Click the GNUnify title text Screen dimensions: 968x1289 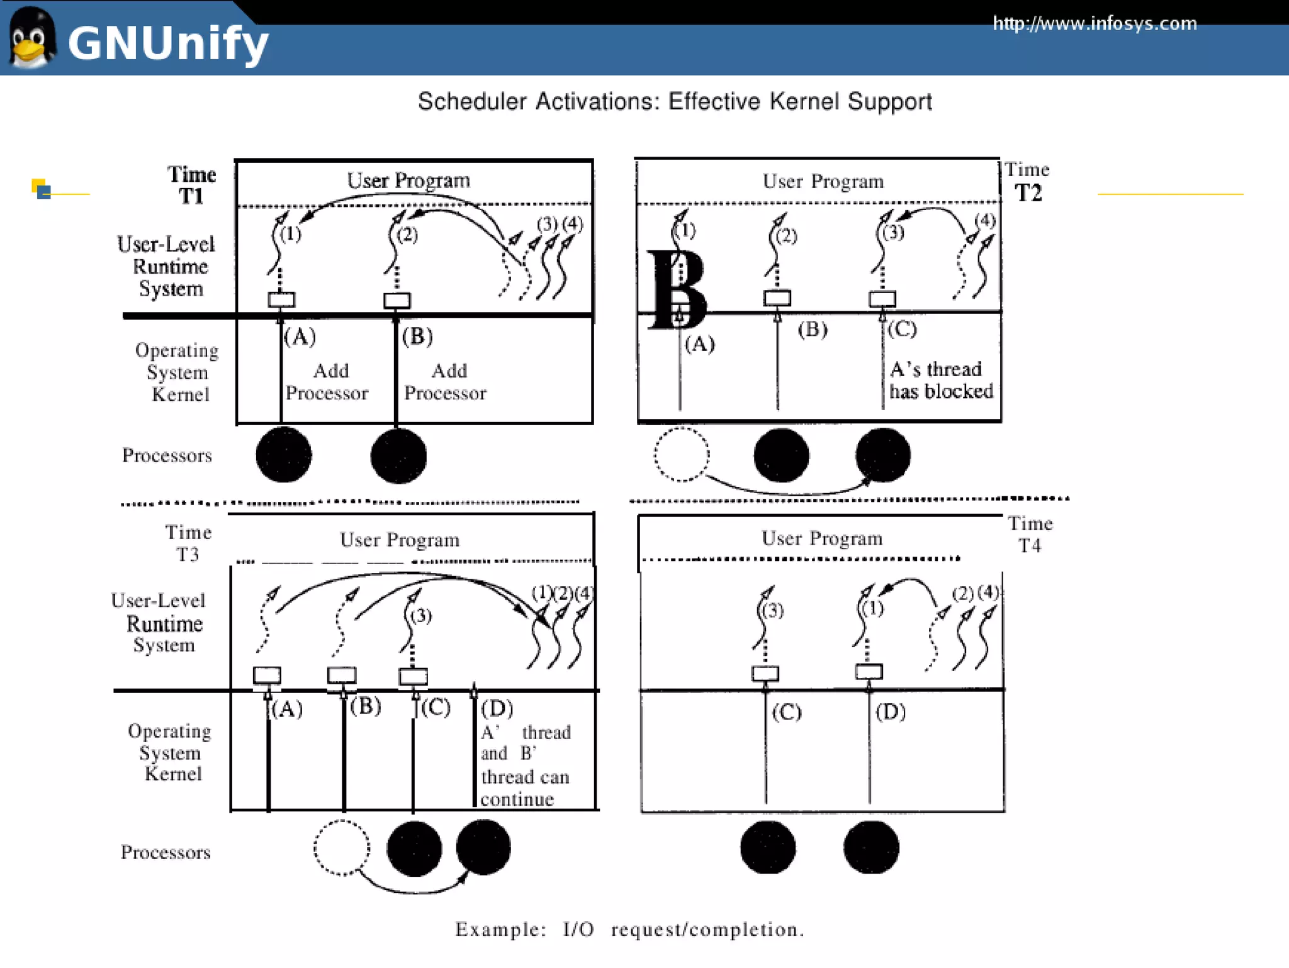click(x=167, y=43)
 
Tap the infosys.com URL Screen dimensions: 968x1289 click(x=1094, y=24)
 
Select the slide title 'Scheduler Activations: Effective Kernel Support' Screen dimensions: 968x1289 click(x=674, y=101)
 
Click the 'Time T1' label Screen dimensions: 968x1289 click(x=191, y=185)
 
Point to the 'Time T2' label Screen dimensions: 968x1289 click(x=1027, y=182)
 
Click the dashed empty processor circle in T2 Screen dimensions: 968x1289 click(x=681, y=455)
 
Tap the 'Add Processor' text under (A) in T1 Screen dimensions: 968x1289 click(x=327, y=382)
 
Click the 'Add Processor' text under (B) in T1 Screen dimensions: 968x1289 click(x=446, y=382)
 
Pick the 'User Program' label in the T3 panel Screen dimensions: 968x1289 click(x=400, y=540)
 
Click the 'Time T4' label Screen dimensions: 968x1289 click(x=1030, y=534)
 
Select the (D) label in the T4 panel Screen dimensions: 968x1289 click(x=890, y=712)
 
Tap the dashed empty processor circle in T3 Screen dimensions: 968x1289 click(x=341, y=847)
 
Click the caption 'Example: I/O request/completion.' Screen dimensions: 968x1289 click(x=629, y=929)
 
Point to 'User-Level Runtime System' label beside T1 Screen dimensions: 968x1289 click(x=167, y=267)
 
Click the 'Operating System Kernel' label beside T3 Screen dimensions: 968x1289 click(x=170, y=752)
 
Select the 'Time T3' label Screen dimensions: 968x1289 click(x=188, y=543)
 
